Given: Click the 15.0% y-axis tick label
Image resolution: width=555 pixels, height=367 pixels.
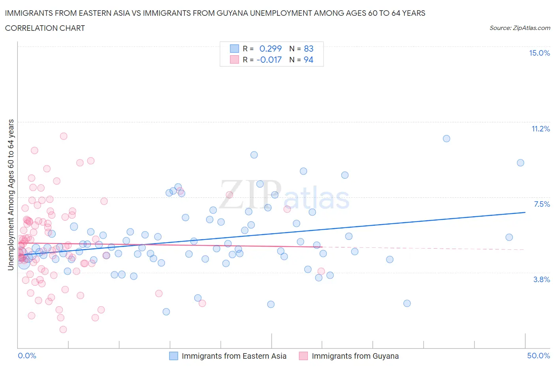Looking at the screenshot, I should pos(539,53).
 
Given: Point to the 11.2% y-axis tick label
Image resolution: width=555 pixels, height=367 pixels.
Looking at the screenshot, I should pos(540,129).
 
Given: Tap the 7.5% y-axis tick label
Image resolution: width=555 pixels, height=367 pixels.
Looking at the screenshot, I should pos(542,204).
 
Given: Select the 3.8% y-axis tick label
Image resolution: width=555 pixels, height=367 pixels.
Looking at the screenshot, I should pos(542,279).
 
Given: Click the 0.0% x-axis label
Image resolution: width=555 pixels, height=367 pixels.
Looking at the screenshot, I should pos(27,356).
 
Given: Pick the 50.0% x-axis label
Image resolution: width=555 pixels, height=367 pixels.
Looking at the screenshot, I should pos(538,356).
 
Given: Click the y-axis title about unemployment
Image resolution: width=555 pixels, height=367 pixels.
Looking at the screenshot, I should pos(11,195).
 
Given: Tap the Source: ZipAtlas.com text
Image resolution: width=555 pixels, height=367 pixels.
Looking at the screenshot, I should pos(519,28).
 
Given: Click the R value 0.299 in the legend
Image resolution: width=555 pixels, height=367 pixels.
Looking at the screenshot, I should pos(270,49).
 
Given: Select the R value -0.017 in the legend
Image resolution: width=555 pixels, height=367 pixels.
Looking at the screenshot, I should pos(269,60).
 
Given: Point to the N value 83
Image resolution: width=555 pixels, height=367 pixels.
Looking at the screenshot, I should pos(308,49).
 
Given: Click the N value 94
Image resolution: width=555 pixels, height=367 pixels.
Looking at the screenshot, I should pos(308,60).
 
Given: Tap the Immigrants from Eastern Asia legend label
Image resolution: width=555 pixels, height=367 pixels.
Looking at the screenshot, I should pos(234,356).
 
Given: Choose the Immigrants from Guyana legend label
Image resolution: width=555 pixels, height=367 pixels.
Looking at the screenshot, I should pos(355,356).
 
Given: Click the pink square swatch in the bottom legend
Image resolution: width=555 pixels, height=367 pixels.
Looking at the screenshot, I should pos(303,356).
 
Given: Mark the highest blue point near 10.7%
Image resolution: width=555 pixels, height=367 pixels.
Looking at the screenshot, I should pos(446,139).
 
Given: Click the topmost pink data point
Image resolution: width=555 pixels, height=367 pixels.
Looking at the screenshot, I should pos(64,136).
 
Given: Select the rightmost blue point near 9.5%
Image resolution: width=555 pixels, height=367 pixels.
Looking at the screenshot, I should pos(521,163).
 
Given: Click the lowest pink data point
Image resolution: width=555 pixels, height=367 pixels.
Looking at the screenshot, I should pos(63,330).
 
